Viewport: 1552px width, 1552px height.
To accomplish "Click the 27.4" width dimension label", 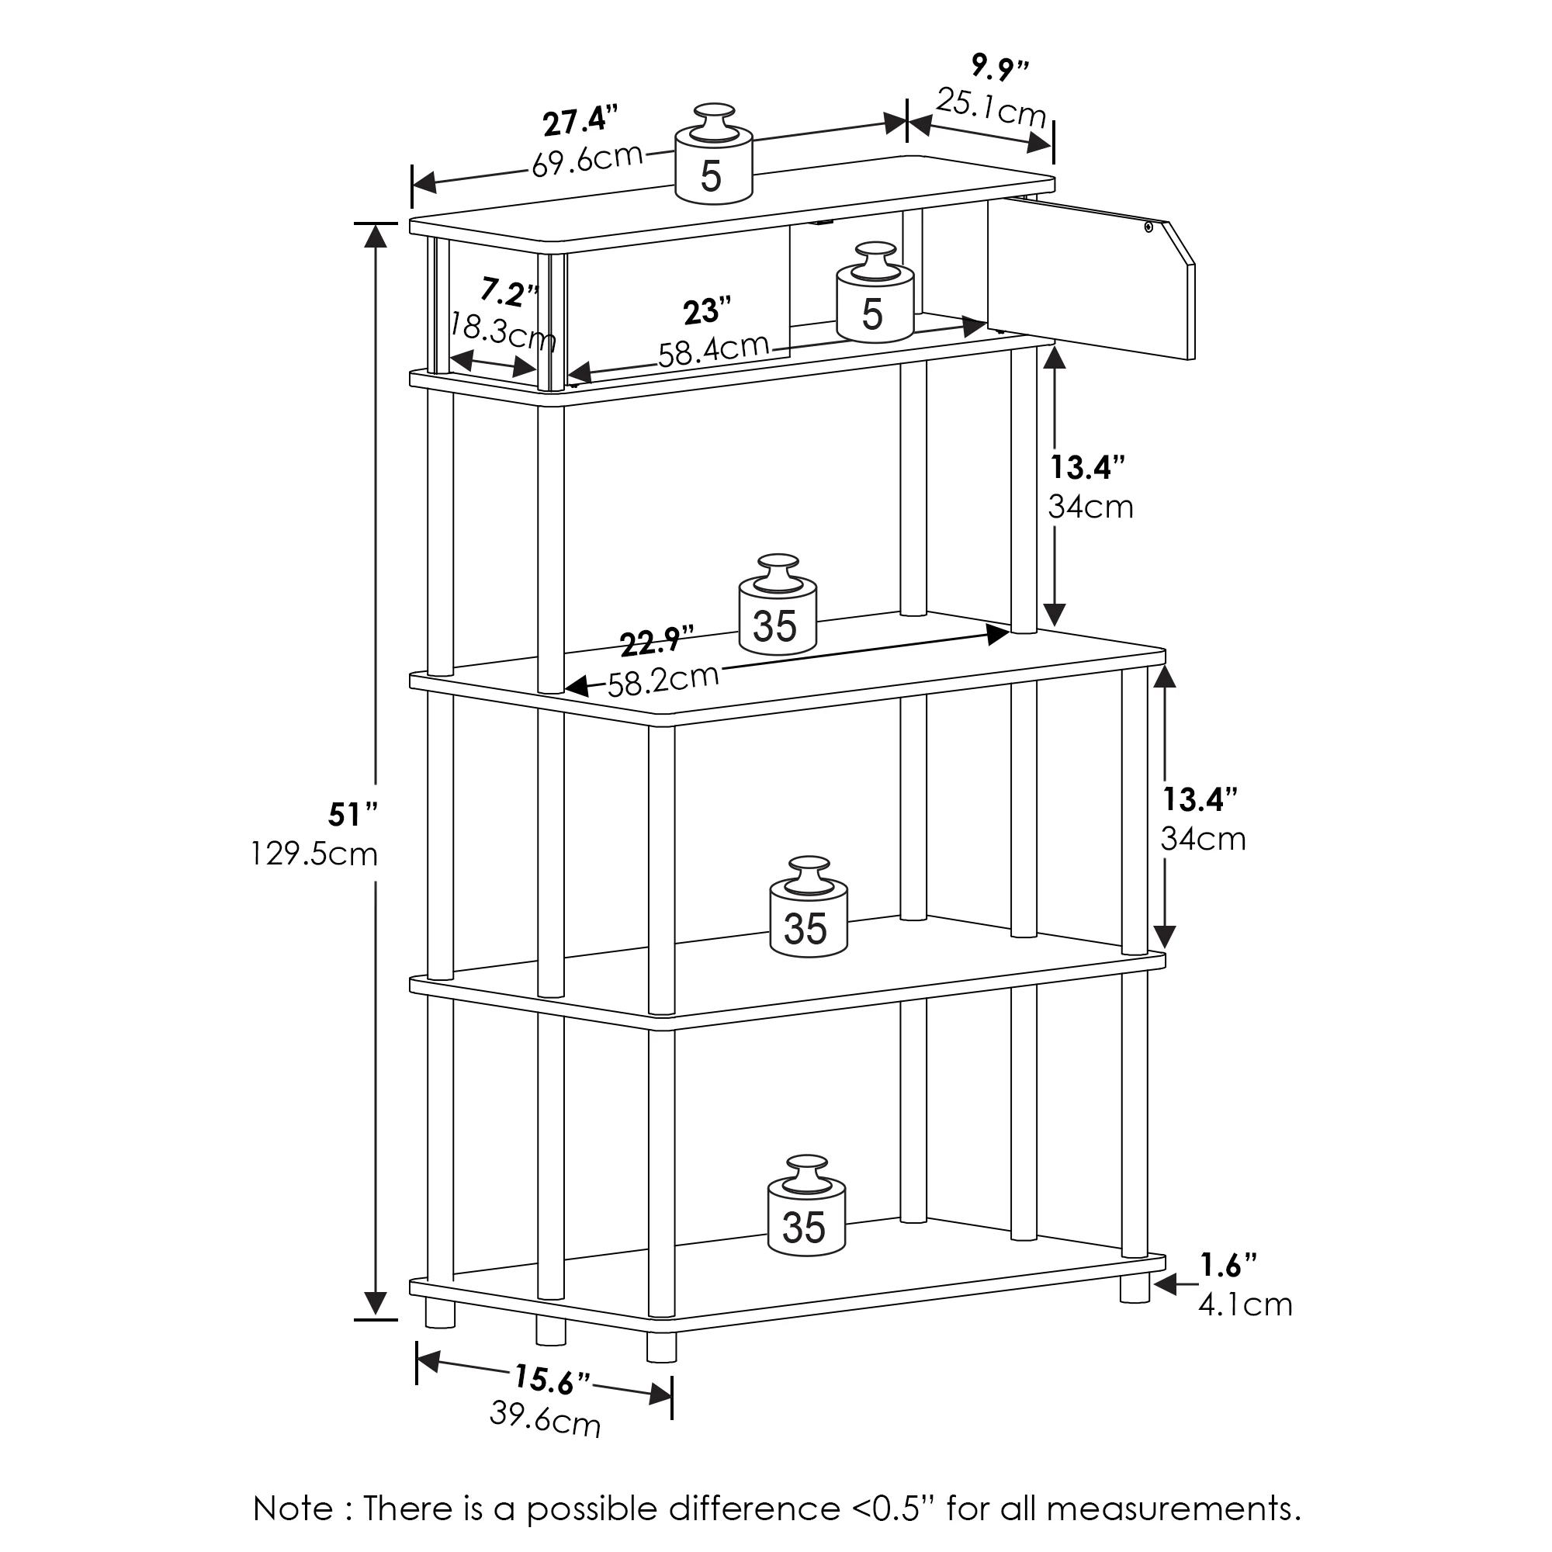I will (580, 121).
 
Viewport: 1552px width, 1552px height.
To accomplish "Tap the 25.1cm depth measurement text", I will (991, 108).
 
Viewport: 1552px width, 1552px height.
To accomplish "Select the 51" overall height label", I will (352, 815).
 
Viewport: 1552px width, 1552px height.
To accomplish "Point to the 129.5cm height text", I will (314, 853).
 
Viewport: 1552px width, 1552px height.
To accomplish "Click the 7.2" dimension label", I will (510, 293).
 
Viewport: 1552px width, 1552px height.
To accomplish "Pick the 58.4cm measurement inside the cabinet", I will (713, 351).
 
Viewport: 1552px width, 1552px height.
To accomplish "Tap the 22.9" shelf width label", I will (656, 642).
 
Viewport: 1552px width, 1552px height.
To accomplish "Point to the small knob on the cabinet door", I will (1149, 227).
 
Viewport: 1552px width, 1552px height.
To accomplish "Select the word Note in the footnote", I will (292, 1509).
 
